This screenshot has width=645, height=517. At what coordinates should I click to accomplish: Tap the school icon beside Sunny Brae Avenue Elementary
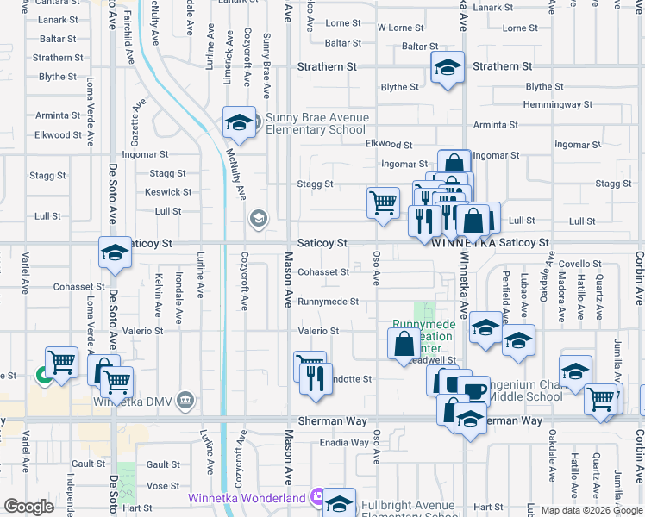click(238, 122)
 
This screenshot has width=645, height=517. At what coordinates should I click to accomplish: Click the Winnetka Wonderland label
click(247, 498)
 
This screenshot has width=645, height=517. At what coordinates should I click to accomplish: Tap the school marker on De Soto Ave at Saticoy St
click(114, 253)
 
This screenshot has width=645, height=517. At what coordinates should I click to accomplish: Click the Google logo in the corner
click(29, 506)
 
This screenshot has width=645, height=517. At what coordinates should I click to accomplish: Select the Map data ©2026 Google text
click(592, 510)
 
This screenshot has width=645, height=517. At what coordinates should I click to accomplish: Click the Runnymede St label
click(328, 302)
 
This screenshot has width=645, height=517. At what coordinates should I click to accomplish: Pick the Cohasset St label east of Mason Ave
click(322, 272)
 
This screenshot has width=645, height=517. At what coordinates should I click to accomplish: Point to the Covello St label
click(579, 264)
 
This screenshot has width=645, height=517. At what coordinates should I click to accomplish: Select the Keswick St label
click(168, 192)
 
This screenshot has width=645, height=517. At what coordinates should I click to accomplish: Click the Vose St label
click(163, 486)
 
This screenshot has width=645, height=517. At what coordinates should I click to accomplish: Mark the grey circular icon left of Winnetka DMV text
click(184, 400)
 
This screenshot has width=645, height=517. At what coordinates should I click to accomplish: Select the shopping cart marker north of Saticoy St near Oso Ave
click(383, 203)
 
